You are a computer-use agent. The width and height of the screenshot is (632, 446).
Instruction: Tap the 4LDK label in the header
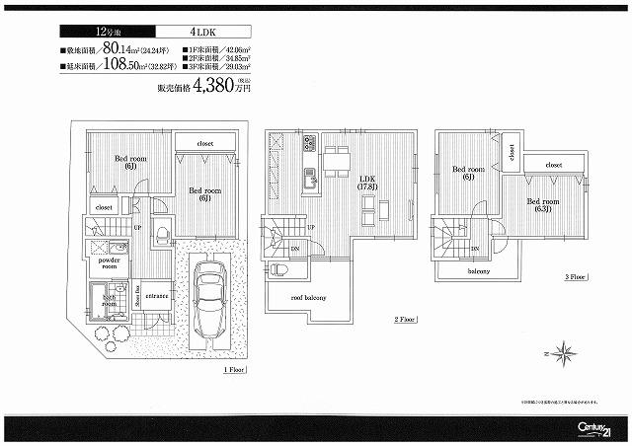[x=198, y=32]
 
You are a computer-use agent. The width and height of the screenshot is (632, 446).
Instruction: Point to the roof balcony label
[x=308, y=297]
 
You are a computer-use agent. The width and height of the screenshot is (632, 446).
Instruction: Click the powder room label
[x=109, y=262]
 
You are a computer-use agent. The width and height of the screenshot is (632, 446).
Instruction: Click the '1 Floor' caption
[x=234, y=369]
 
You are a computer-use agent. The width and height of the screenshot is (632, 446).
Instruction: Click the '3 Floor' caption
[x=576, y=277]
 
